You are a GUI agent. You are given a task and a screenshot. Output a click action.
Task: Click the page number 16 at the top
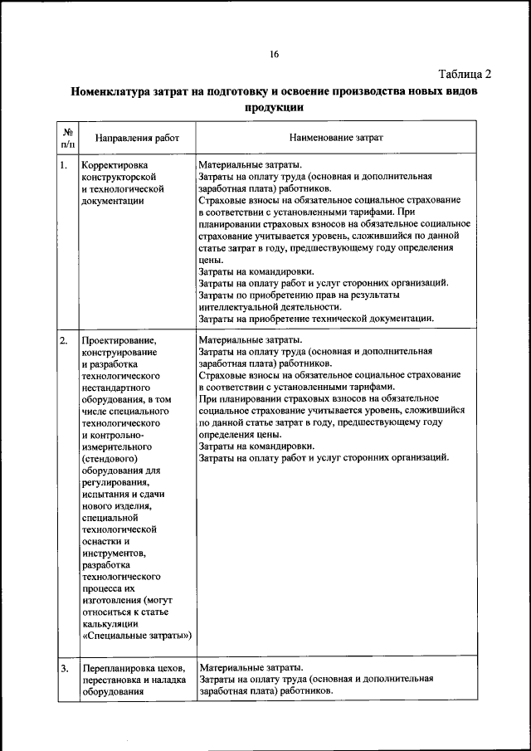[273, 55]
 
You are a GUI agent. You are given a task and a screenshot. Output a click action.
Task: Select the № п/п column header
[67, 138]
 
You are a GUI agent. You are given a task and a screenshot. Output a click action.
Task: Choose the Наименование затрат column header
[336, 138]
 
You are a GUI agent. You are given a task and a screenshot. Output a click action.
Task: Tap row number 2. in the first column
[64, 340]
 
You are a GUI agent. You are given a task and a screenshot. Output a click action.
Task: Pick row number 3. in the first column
[64, 668]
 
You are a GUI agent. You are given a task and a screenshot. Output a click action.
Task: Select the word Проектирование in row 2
[119, 340]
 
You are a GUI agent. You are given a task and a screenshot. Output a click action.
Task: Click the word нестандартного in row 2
[116, 387]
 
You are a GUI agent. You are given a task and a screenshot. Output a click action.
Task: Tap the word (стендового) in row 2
[110, 457]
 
